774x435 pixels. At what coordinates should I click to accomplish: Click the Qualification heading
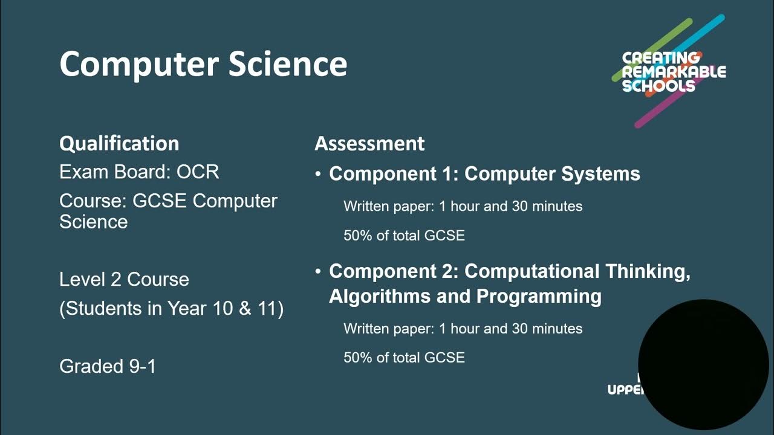pos(119,144)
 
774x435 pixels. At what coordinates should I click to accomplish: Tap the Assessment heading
pos(369,144)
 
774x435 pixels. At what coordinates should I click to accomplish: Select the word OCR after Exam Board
pos(198,172)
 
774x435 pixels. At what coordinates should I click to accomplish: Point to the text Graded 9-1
pos(108,366)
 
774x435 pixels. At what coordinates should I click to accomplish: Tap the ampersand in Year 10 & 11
pos(245,309)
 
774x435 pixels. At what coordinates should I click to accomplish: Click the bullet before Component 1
pos(318,175)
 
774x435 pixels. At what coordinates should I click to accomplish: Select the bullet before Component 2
pos(318,272)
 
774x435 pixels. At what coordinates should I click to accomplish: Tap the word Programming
pos(539,297)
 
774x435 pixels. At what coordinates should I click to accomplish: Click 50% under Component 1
pos(357,236)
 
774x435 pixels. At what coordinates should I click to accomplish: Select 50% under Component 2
pos(357,358)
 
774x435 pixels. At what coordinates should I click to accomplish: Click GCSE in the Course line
pos(159,201)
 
